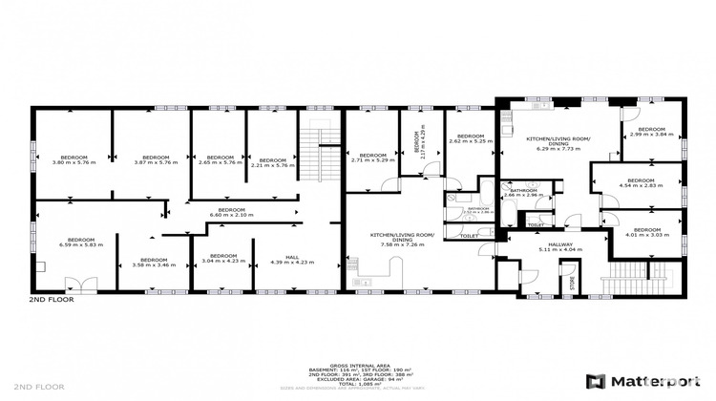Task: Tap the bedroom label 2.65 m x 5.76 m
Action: (220, 159)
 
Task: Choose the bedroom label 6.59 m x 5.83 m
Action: (80, 242)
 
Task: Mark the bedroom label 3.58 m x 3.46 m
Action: (154, 262)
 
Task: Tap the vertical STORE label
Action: (574, 283)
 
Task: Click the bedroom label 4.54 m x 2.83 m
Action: (641, 182)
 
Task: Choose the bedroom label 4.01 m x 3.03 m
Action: (642, 232)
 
